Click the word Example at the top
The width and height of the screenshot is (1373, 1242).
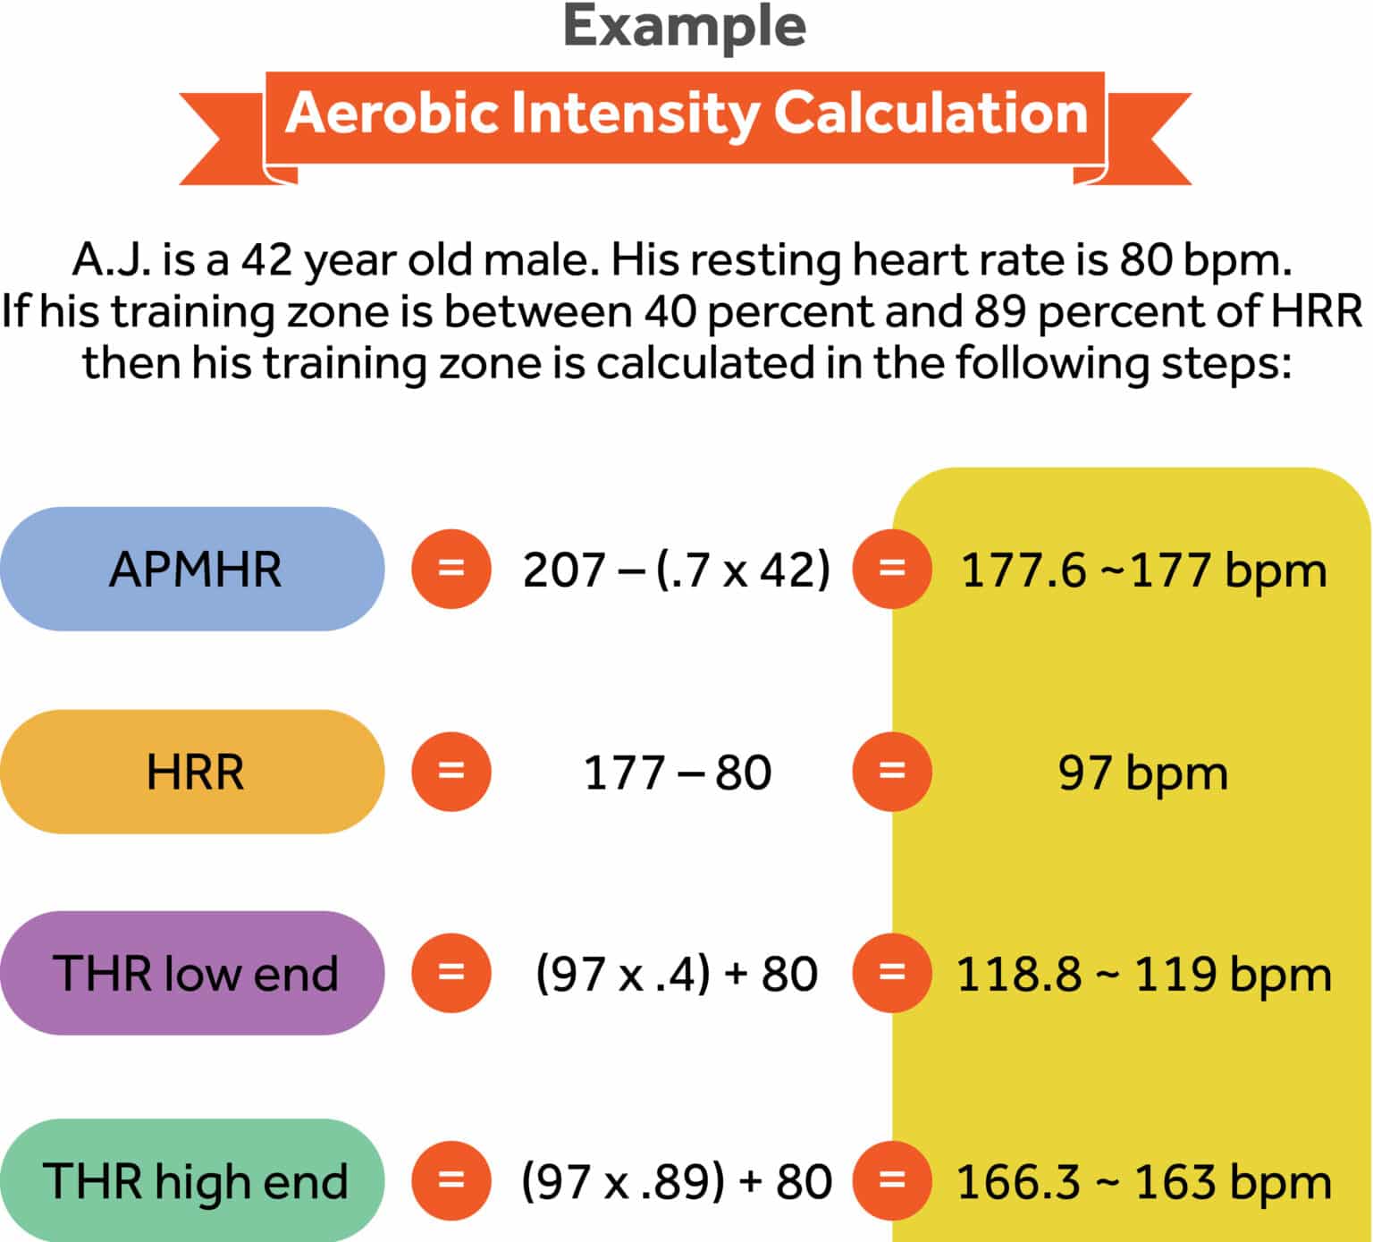(685, 27)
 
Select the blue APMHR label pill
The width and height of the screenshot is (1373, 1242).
(193, 569)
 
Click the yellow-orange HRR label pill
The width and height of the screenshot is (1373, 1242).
(193, 772)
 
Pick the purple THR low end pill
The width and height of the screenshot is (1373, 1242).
(193, 973)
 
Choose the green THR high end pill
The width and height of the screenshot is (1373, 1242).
(193, 1180)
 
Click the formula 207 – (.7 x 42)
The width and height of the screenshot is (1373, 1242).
(676, 570)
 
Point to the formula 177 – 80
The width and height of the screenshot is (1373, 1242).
(677, 772)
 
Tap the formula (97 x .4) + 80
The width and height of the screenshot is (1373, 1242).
(676, 973)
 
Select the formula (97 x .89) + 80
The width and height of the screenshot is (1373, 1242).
(676, 1180)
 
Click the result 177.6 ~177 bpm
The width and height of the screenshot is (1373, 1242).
(1143, 570)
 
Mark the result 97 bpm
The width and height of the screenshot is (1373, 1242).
(1143, 773)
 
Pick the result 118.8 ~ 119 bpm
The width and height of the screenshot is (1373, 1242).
(1143, 974)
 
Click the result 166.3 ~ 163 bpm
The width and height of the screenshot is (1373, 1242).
(1143, 1181)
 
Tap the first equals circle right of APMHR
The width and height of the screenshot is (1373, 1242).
(451, 569)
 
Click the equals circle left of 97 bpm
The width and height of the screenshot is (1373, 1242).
(892, 772)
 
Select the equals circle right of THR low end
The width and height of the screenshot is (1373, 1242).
(451, 973)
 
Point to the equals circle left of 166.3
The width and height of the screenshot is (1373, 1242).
(892, 1180)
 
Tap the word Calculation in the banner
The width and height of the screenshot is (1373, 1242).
(931, 114)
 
